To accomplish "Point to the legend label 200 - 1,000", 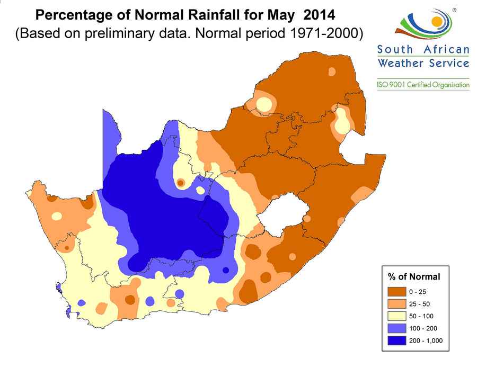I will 426,340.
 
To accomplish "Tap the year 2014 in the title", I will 320,12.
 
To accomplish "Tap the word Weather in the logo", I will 399,64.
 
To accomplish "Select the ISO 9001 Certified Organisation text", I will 423,85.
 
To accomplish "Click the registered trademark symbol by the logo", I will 455,10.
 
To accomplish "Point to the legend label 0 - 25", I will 417,292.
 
